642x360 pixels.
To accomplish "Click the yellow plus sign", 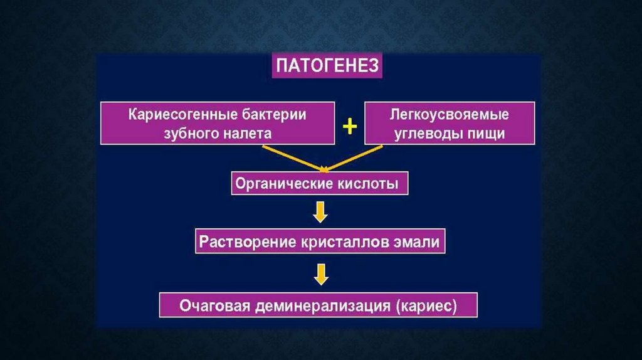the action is [x=349, y=127].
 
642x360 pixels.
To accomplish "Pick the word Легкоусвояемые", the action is [x=448, y=115].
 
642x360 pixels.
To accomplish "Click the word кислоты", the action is [x=367, y=185].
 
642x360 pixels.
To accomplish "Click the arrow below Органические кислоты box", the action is [x=320, y=213].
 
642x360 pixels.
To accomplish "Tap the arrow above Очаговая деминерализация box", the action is [x=320, y=274].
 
